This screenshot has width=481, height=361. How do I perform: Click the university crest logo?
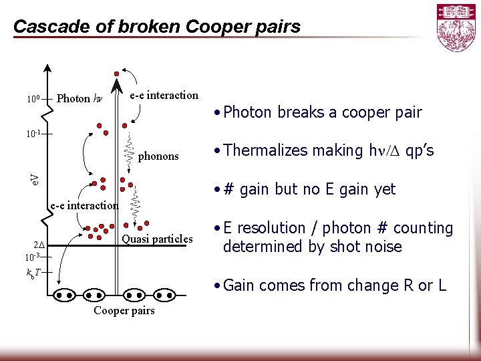456,27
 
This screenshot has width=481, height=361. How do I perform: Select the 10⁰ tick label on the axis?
33,100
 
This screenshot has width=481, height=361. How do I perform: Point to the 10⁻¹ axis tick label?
35,134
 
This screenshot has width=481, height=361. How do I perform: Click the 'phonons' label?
158,156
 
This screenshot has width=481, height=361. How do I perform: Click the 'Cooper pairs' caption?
124,311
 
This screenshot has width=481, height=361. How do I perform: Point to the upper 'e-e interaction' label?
164,95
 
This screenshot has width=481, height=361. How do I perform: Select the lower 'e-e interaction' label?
84,206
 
